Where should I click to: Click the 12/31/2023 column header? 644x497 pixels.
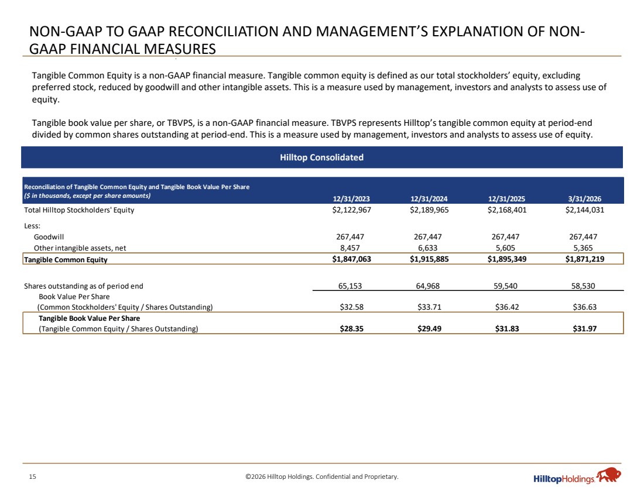(x=351, y=199)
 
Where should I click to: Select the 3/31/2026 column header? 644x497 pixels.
(x=584, y=199)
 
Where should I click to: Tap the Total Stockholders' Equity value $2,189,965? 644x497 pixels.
(x=429, y=210)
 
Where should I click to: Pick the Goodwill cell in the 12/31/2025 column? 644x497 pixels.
(x=505, y=236)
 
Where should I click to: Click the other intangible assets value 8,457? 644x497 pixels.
(x=350, y=248)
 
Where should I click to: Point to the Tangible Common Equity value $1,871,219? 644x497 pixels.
(x=584, y=259)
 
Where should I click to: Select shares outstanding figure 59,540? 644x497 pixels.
(x=505, y=286)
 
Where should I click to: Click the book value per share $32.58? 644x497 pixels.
(x=352, y=307)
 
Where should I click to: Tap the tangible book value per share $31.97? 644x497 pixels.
(x=584, y=328)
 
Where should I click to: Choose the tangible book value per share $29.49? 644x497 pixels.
(x=429, y=328)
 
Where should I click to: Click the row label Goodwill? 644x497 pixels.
(x=49, y=237)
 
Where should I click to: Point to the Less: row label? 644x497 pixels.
(x=32, y=226)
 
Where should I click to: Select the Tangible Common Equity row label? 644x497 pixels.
(x=66, y=259)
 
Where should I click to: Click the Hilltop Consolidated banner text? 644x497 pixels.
(x=321, y=157)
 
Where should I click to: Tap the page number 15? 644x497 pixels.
(x=32, y=477)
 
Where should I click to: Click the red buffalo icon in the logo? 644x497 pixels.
(x=609, y=475)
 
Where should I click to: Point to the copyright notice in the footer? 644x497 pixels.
(x=322, y=477)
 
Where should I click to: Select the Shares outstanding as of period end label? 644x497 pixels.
(x=83, y=286)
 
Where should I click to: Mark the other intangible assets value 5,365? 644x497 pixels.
(x=583, y=248)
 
